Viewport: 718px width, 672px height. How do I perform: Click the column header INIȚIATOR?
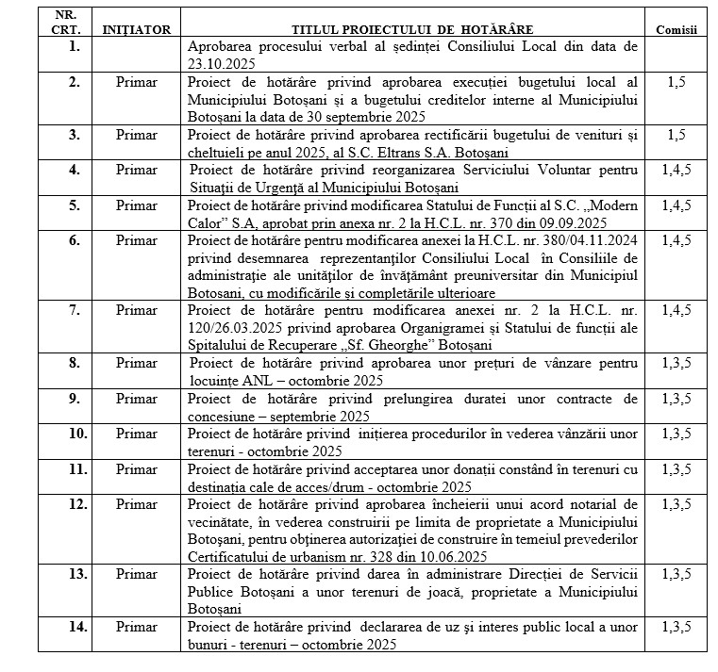click(137, 29)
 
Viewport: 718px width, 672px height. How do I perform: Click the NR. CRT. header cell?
click(65, 23)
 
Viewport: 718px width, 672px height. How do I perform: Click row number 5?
click(65, 205)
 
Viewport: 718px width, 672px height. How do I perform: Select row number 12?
click(65, 504)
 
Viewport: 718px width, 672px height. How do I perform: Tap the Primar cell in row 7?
click(137, 308)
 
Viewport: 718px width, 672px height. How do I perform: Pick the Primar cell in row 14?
click(137, 626)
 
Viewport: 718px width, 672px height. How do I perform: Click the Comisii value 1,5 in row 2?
click(676, 83)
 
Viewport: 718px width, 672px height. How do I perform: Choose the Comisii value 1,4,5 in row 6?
click(676, 240)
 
